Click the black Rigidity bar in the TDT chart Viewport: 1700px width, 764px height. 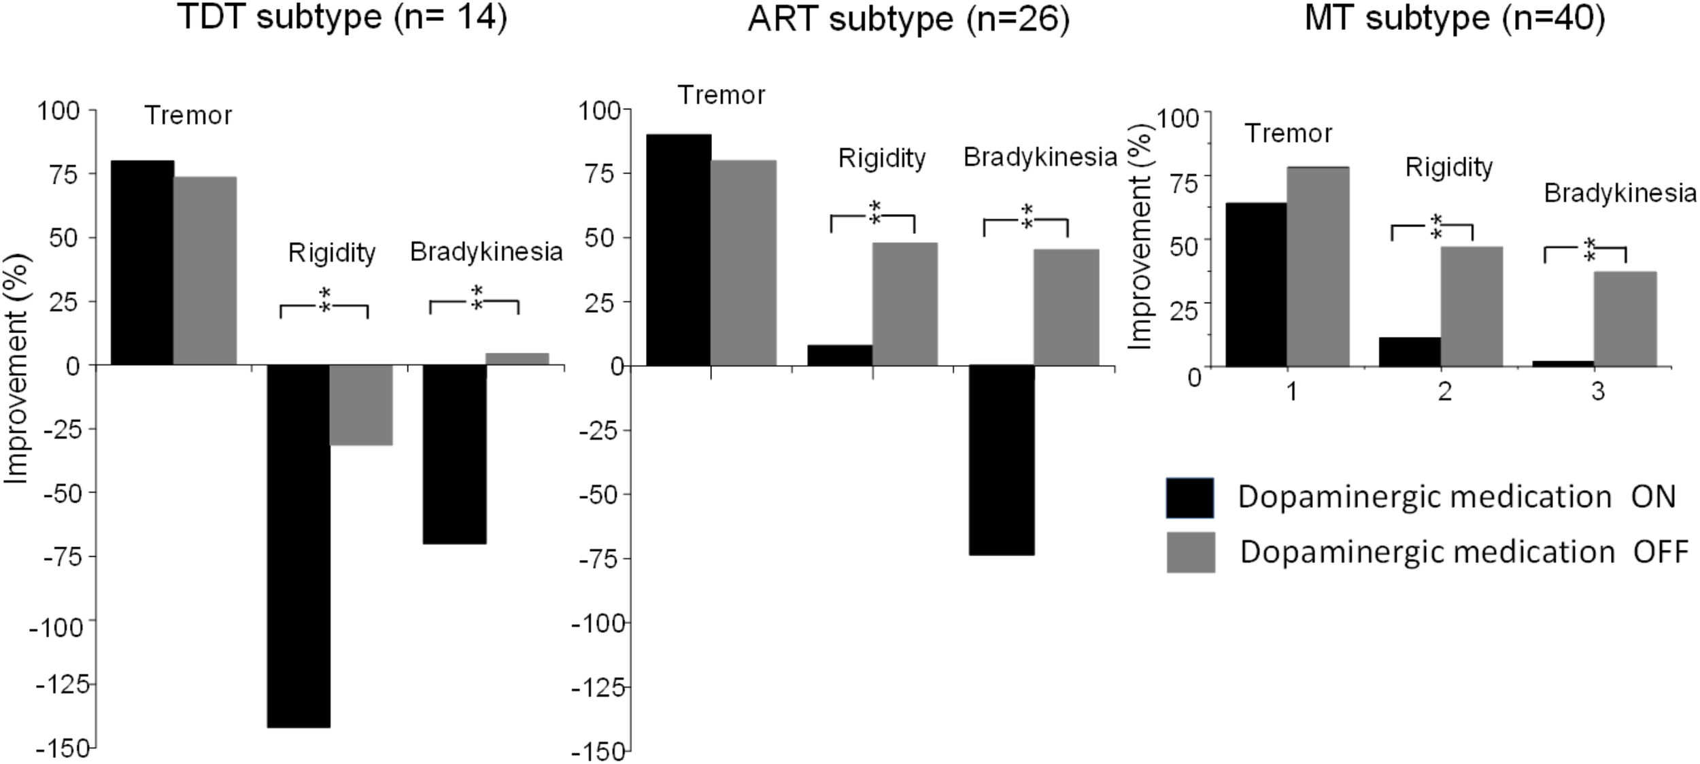point(299,544)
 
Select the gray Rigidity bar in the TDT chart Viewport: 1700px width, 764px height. point(361,405)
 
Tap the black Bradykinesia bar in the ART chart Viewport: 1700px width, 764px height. point(1002,459)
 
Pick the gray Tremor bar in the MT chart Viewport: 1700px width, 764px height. point(1318,266)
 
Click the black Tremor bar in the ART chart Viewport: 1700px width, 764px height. point(678,249)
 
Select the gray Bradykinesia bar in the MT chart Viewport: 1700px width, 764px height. point(1625,319)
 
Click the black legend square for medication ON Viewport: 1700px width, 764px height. point(1190,498)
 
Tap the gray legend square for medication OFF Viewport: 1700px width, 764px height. point(1191,552)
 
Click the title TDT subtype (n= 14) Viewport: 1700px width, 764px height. point(342,18)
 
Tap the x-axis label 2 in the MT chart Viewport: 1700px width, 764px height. point(1445,392)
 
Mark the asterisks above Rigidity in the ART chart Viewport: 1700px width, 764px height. point(875,212)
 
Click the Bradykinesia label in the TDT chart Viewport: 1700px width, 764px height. point(486,252)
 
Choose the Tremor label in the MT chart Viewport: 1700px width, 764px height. point(1288,134)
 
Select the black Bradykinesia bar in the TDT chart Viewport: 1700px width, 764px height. point(454,454)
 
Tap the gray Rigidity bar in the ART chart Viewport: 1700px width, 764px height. point(905,304)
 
